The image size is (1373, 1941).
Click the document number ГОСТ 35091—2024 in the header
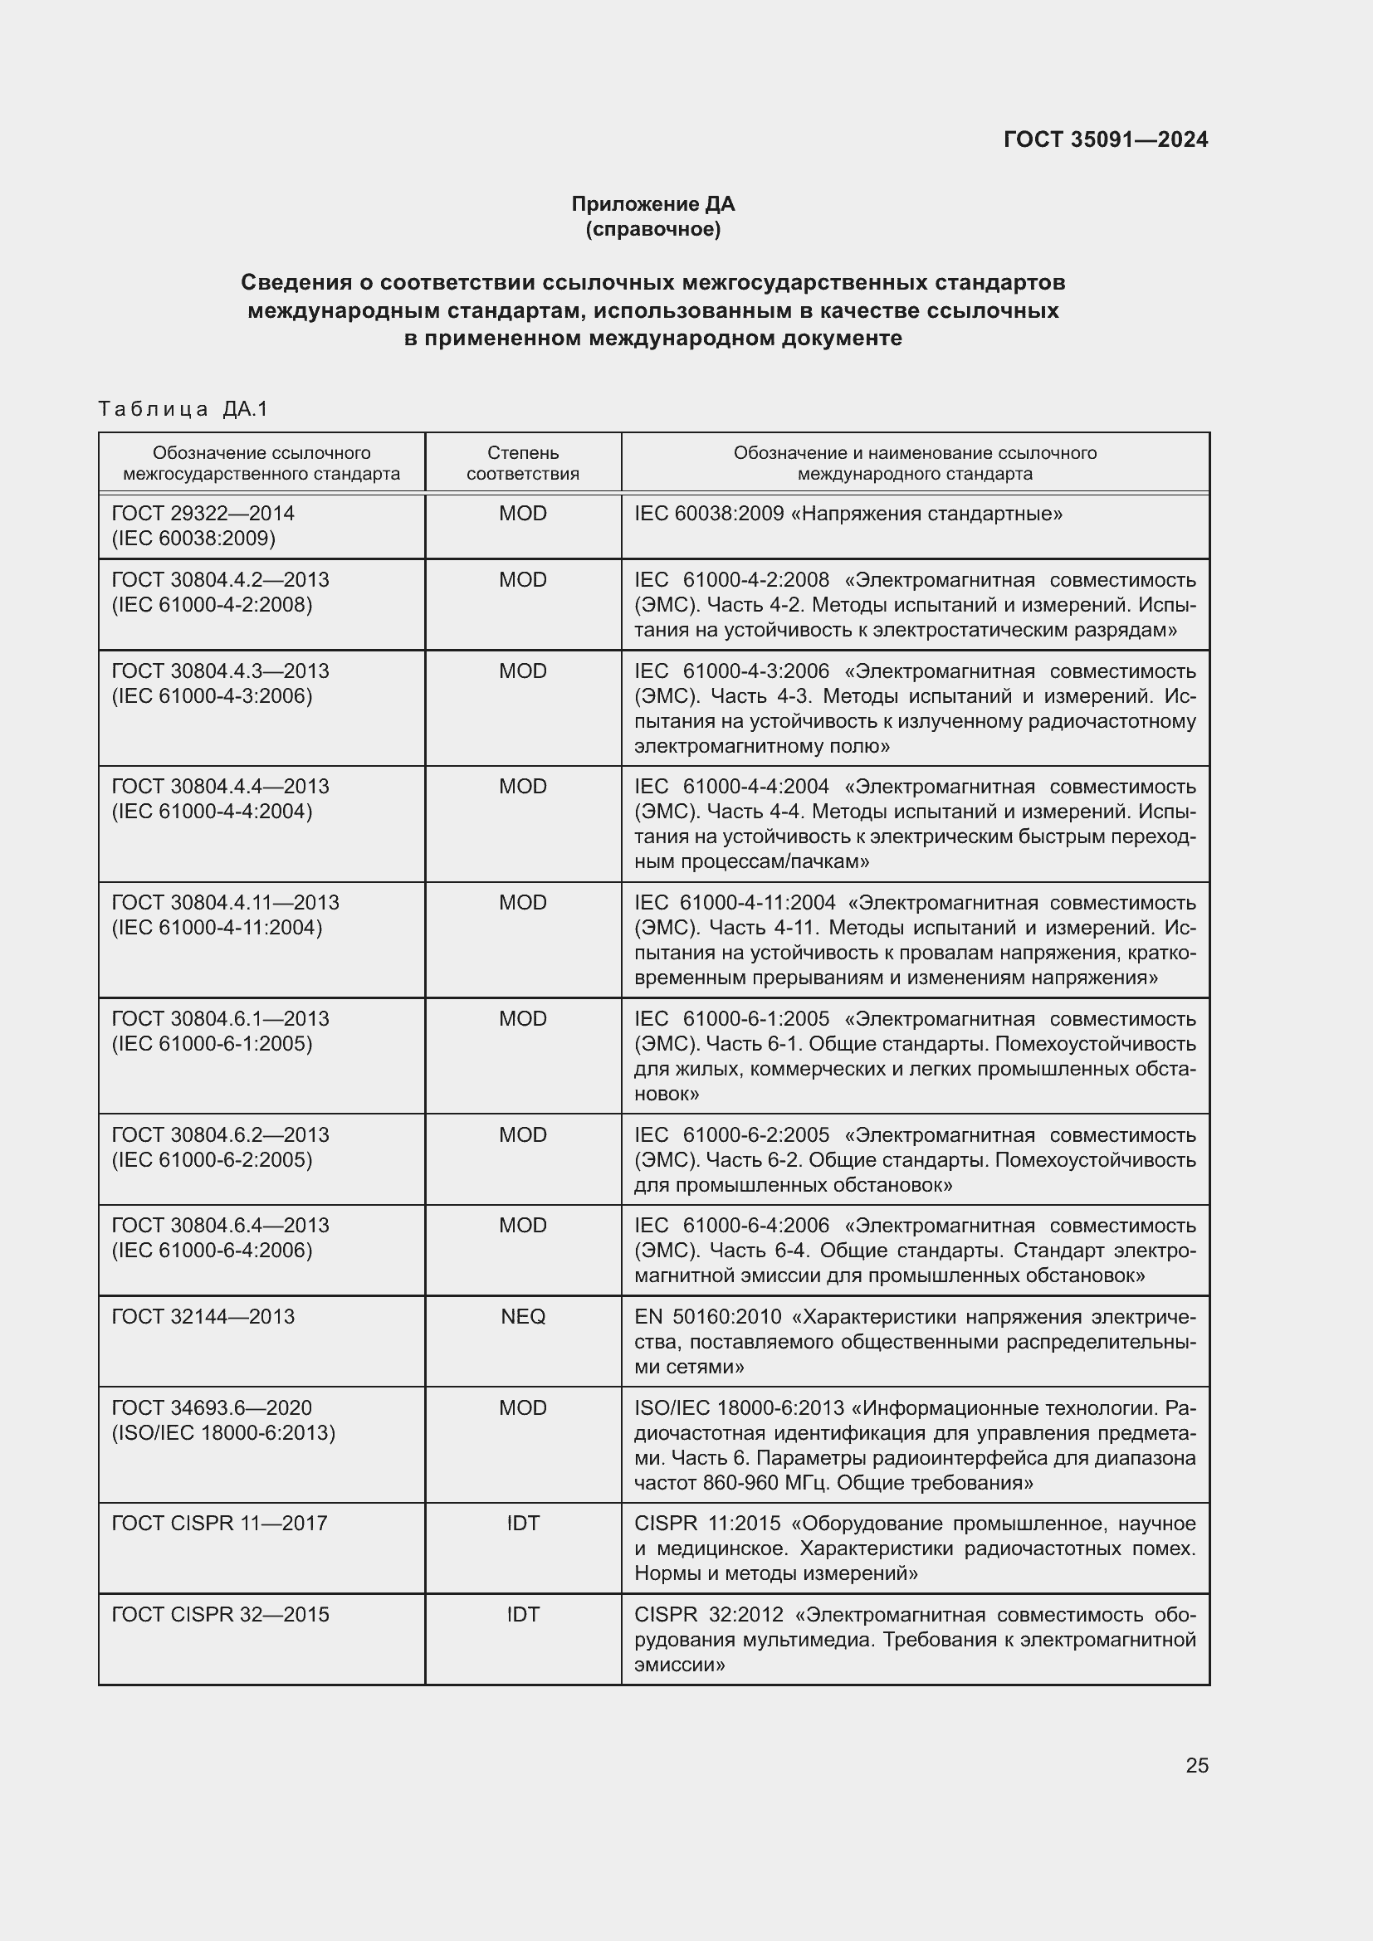pos(1105,139)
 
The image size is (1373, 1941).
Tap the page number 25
pos(1196,1765)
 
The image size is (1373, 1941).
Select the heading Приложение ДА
pos(652,204)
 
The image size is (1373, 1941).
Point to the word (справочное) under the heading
pos(652,229)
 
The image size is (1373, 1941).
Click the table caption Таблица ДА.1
pos(183,409)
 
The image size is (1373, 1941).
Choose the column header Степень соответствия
pos(522,463)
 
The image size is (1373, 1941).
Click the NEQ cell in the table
pos(522,1316)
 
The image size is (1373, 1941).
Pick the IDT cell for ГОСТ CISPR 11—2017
pos(522,1523)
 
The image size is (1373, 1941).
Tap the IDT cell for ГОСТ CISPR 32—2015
pos(522,1614)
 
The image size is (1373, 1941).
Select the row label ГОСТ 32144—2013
pos(203,1316)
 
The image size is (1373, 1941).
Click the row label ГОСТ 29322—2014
pos(203,513)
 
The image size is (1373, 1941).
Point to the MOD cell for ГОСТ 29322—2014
pos(522,513)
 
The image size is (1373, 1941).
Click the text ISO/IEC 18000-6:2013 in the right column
pos(738,1407)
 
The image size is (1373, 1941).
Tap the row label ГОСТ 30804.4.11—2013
pos(225,903)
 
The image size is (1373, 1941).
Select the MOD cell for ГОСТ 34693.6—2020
pos(522,1407)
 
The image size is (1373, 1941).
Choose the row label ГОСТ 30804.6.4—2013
pos(220,1225)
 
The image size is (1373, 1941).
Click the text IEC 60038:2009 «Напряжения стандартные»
pos(848,513)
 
